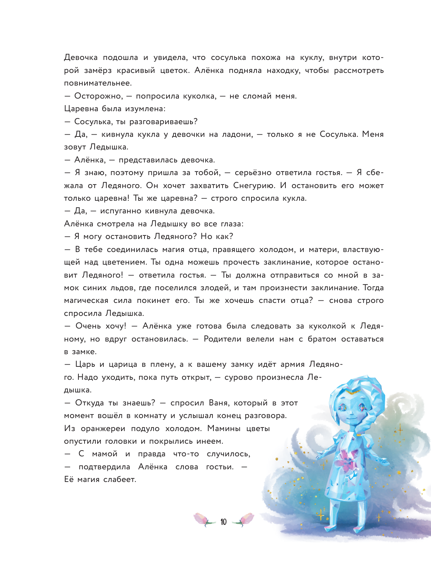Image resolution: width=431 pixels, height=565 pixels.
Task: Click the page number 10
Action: (x=223, y=522)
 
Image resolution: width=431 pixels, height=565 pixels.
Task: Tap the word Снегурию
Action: (x=254, y=186)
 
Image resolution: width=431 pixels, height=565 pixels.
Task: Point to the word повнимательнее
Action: (x=98, y=83)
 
